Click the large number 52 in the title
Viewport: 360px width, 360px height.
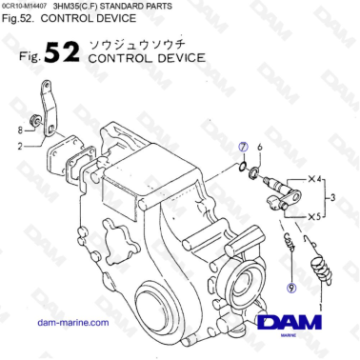(63, 53)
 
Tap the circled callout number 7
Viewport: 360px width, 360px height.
(244, 149)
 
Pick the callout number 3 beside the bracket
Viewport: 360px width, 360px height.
(331, 198)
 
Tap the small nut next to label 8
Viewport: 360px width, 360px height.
(34, 121)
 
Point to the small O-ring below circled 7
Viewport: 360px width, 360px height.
(247, 169)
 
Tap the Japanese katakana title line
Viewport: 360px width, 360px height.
(144, 45)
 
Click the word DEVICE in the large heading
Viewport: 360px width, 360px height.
(175, 59)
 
